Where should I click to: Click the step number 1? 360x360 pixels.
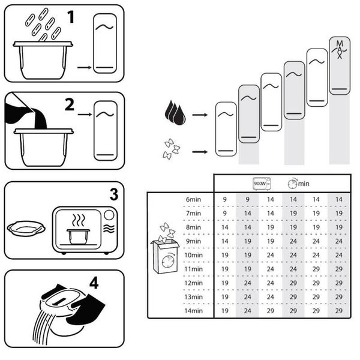71,17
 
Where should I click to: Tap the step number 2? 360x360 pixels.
70,104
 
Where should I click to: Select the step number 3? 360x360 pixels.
114,194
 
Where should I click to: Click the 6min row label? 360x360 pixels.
193,199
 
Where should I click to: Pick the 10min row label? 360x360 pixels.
194,255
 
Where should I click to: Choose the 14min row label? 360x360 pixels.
194,311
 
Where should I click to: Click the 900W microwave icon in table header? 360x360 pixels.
262,184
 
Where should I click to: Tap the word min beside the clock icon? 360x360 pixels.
304,184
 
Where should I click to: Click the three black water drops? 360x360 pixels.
175,113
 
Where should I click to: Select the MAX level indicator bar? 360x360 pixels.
340,65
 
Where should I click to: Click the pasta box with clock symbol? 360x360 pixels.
165,248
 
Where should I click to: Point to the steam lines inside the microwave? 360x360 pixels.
79,221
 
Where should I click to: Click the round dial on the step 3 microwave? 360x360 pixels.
109,215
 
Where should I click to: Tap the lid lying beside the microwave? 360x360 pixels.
26,229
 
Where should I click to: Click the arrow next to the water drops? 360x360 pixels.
200,115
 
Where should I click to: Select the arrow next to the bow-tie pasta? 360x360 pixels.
200,152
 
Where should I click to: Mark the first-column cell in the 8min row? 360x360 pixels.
225,227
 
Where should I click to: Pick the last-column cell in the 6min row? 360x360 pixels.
339,199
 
